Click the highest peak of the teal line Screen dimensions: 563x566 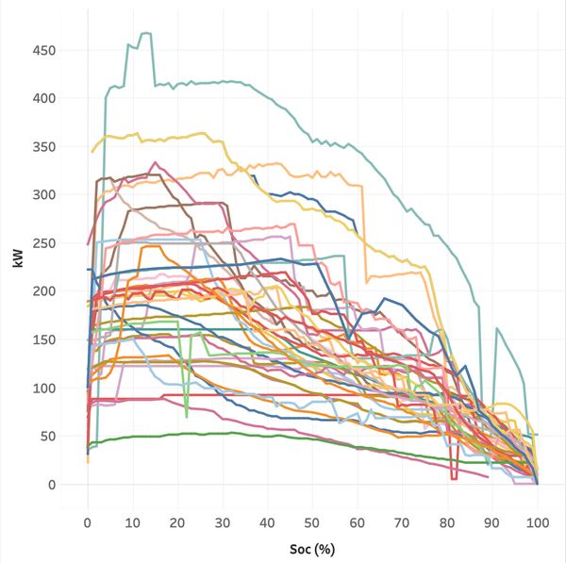tap(145, 33)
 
